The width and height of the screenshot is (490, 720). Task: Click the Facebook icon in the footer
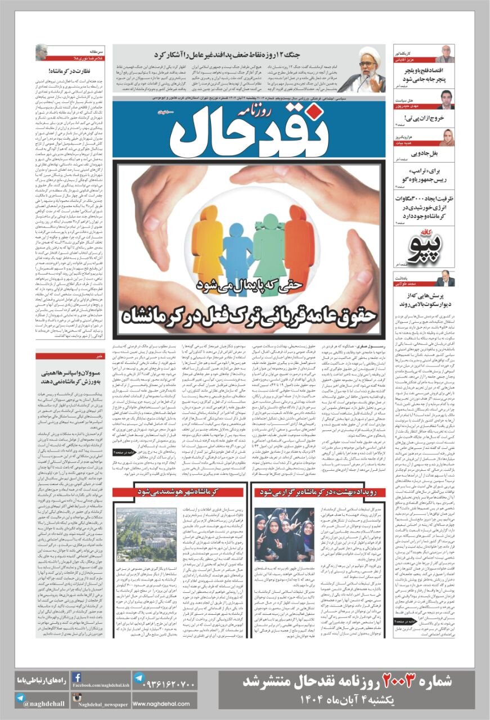[x=77, y=677]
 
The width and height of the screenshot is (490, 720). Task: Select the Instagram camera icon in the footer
[x=78, y=698]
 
